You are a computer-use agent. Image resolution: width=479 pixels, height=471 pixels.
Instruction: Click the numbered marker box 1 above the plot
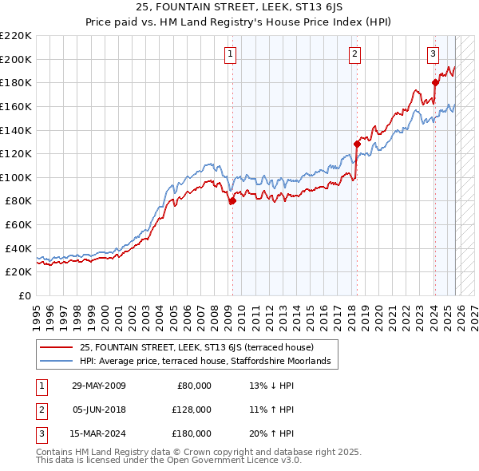(x=230, y=54)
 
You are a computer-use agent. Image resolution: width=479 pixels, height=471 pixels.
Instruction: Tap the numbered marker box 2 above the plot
(x=354, y=54)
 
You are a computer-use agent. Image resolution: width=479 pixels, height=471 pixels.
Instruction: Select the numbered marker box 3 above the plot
(x=433, y=54)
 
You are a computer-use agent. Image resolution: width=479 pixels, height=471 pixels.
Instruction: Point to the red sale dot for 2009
(x=232, y=201)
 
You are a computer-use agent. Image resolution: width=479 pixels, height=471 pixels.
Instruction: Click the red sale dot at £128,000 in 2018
(x=356, y=144)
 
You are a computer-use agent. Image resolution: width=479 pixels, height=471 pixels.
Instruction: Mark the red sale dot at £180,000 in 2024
(x=435, y=82)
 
